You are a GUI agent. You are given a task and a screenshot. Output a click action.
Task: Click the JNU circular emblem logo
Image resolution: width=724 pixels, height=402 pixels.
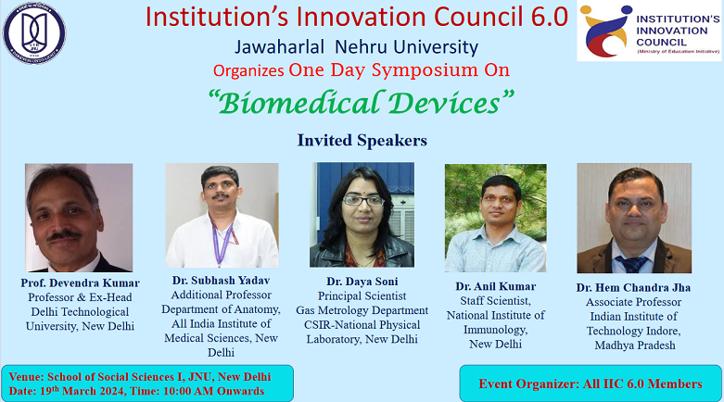34,34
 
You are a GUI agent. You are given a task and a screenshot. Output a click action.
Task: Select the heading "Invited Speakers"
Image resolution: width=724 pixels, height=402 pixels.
362,141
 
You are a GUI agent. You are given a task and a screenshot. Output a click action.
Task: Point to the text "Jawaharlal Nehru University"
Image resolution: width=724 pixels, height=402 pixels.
362,48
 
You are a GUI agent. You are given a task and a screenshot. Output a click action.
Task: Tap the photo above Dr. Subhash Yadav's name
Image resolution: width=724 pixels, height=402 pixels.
222,216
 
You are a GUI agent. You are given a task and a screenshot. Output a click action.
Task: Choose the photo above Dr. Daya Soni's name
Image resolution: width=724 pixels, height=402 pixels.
362,216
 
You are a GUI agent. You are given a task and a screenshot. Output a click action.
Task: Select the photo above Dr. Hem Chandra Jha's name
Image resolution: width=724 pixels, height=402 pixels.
633,218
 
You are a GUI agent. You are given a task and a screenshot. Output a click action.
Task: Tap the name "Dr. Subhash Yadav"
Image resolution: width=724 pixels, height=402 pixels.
221,279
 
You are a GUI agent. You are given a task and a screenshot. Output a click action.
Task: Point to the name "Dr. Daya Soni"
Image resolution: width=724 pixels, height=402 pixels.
362,280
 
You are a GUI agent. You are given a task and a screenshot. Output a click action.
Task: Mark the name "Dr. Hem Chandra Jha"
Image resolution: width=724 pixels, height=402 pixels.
633,288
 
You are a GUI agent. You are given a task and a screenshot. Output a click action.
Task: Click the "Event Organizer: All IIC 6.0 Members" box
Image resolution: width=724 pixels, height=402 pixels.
590,383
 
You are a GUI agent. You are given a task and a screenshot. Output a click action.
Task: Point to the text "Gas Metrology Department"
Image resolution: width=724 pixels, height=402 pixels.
362,310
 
